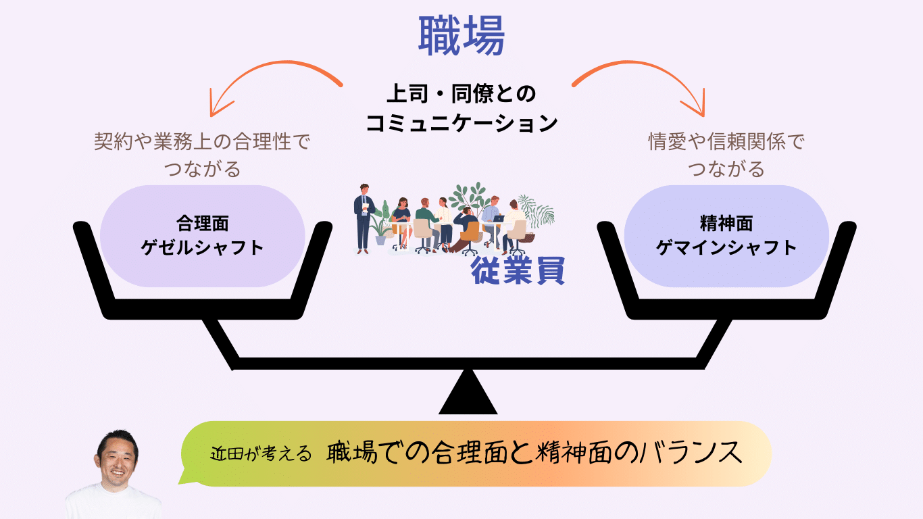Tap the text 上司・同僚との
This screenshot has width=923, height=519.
tap(461, 93)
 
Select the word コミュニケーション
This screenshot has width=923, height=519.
tap(461, 123)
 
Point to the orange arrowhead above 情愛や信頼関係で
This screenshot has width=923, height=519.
tap(697, 105)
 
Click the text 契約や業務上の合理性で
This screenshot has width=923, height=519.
tap(202, 141)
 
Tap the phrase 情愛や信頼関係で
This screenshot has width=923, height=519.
tap(726, 141)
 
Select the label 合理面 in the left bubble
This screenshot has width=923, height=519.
tap(202, 224)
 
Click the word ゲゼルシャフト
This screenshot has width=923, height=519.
tap(202, 248)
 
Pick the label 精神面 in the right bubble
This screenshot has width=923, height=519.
tap(726, 224)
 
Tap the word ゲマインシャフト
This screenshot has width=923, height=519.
tap(726, 248)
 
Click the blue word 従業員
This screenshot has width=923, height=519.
tap(518, 270)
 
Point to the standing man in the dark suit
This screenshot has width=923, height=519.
tap(364, 218)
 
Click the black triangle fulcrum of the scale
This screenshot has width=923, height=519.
tap(468, 393)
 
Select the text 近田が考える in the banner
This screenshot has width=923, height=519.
tap(261, 454)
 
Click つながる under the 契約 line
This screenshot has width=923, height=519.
tap(202, 169)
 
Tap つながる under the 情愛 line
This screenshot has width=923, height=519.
tap(726, 169)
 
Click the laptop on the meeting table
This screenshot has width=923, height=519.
tap(499, 218)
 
